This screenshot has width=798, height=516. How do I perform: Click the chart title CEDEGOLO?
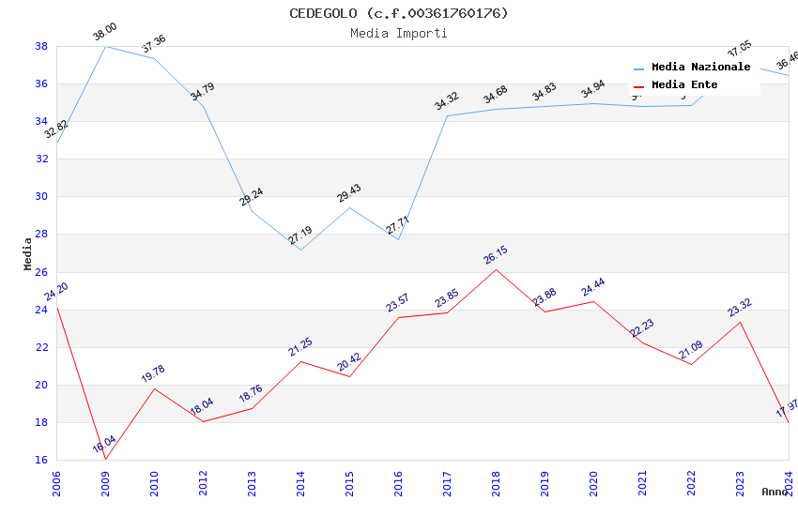tap(398, 13)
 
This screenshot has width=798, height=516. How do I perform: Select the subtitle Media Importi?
tap(398, 33)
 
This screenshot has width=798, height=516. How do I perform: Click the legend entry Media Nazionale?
tap(700, 68)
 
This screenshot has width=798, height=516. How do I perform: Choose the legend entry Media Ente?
tap(684, 85)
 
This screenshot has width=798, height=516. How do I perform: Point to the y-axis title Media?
tap(27, 253)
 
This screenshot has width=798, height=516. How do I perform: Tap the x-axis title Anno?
tap(775, 492)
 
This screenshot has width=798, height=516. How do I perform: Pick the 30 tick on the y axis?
tap(41, 197)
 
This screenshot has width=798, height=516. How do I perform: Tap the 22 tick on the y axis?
tap(41, 347)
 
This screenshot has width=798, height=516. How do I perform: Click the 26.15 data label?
tap(496, 257)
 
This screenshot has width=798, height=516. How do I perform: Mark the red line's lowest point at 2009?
tap(105, 459)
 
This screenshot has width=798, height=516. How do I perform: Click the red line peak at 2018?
tap(496, 269)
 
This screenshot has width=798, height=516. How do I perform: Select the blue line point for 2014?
tap(300, 250)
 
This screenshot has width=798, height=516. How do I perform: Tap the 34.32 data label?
tap(447, 102)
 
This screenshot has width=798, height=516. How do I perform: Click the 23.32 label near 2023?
tap(740, 309)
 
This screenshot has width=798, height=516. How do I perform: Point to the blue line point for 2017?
tap(447, 115)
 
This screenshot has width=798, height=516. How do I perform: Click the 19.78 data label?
tap(154, 374)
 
